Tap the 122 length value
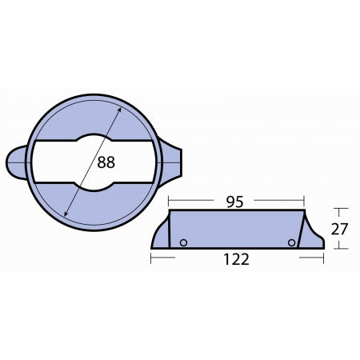pos(237,259)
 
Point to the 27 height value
pos(341,228)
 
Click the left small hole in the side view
pos(183,243)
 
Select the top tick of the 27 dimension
pos(341,209)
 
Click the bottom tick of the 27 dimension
pos(341,248)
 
